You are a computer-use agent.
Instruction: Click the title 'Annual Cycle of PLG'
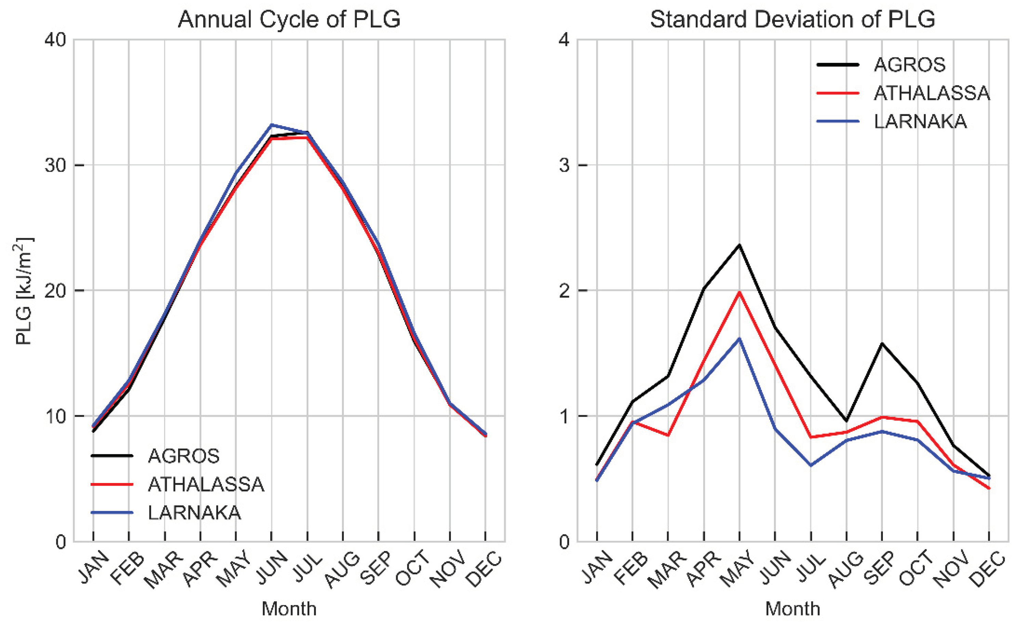point(289,19)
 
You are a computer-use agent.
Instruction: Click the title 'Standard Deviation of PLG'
point(792,19)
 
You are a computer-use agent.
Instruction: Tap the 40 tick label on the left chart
point(56,40)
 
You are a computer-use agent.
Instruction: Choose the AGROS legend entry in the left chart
point(183,456)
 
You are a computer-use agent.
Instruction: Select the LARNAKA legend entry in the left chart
point(194,513)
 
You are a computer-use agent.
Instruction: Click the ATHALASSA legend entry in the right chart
point(931,93)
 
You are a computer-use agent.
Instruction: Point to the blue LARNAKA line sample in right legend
point(837,121)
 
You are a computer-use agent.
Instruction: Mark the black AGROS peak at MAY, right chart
point(739,245)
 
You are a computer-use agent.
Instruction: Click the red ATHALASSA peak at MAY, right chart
point(739,292)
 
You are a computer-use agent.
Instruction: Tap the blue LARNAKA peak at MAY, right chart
point(739,339)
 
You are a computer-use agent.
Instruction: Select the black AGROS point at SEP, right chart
point(882,343)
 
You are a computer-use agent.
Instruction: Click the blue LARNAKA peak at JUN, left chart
point(271,125)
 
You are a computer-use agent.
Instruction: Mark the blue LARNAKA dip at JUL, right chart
point(810,466)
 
